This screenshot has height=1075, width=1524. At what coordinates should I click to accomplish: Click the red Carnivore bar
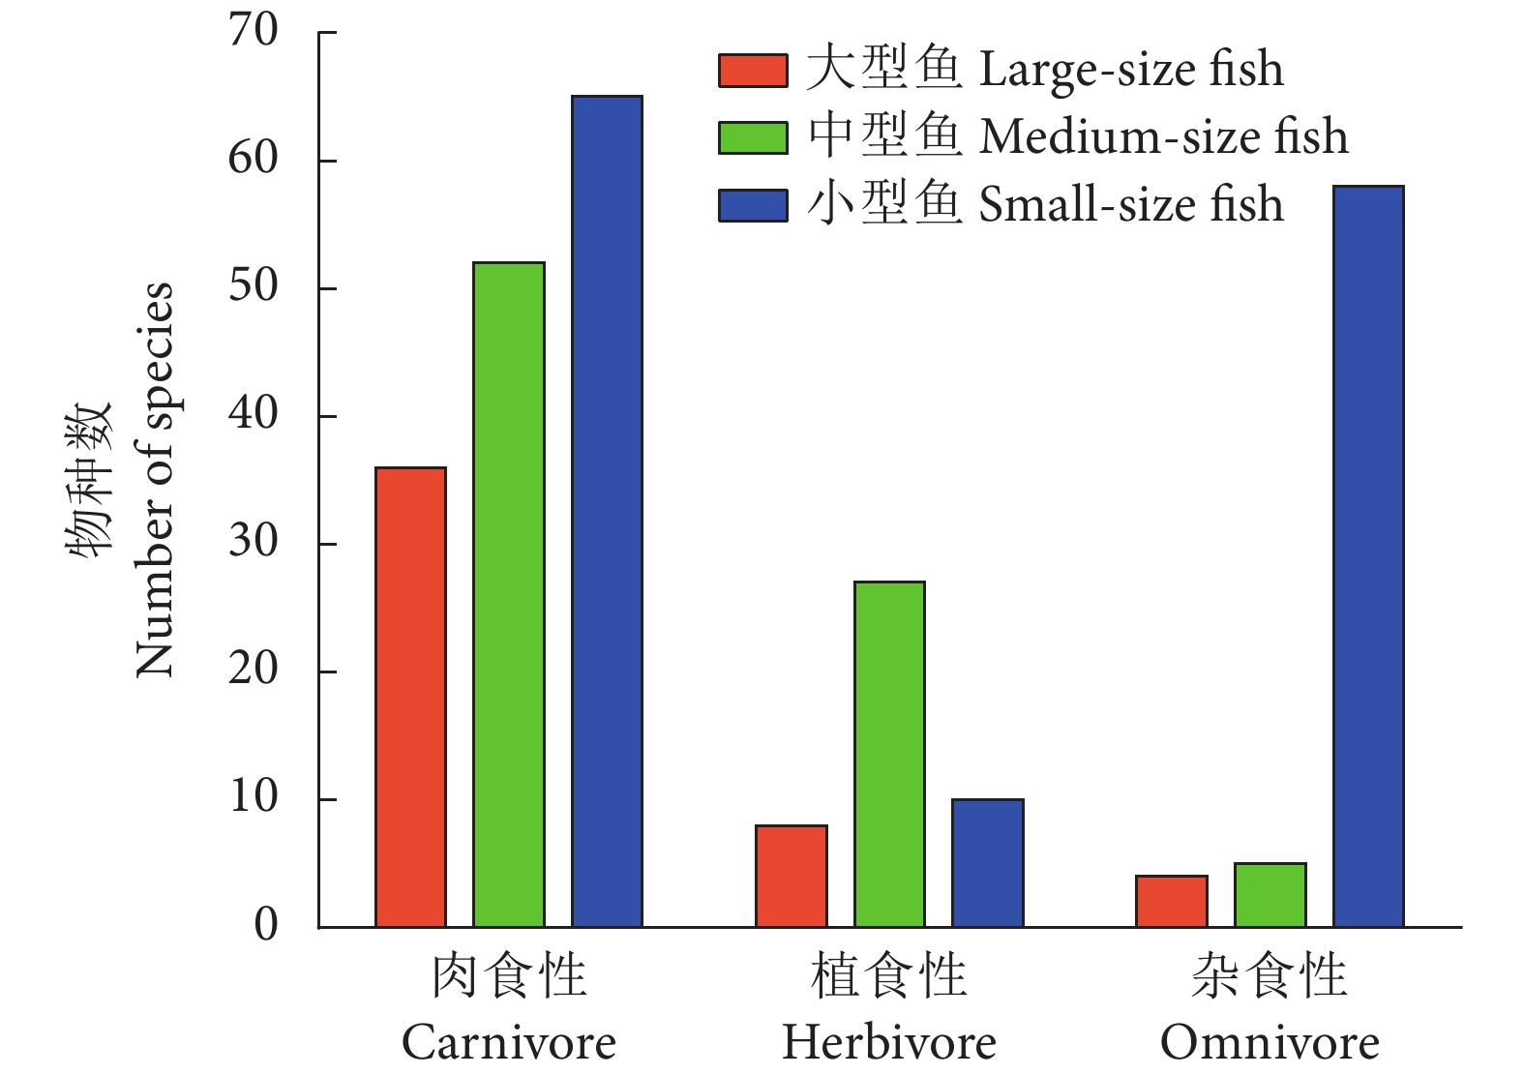pyautogui.click(x=410, y=697)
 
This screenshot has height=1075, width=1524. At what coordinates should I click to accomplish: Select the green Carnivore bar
pyautogui.click(x=509, y=594)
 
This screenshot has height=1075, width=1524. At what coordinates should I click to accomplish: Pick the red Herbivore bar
pyautogui.click(x=791, y=876)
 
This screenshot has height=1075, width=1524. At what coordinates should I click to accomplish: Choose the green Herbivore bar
pyautogui.click(x=889, y=754)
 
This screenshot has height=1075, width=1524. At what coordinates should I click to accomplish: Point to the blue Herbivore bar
pyautogui.click(x=987, y=862)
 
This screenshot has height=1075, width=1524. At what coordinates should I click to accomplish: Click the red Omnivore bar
pyautogui.click(x=1171, y=901)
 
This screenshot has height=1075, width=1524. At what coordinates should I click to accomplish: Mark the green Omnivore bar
pyautogui.click(x=1270, y=895)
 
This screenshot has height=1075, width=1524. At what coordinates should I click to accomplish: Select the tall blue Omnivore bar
pyautogui.click(x=1368, y=556)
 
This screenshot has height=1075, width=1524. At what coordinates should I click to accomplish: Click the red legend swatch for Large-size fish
pyautogui.click(x=752, y=71)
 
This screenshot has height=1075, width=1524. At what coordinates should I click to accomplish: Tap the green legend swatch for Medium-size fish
pyautogui.click(x=752, y=137)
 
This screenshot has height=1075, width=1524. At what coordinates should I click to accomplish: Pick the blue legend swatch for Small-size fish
pyautogui.click(x=752, y=205)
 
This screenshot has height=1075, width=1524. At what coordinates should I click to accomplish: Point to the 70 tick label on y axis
pyautogui.click(x=254, y=31)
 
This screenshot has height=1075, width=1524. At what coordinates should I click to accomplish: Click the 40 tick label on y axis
pyautogui.click(x=254, y=414)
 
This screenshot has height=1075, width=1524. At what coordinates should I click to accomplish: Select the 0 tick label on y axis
pyautogui.click(x=266, y=925)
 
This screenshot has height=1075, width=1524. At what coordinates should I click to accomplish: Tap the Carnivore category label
pyautogui.click(x=509, y=1043)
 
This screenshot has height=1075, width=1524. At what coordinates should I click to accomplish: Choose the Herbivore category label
pyautogui.click(x=889, y=1043)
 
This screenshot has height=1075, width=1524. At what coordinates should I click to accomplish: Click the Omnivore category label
pyautogui.click(x=1270, y=1043)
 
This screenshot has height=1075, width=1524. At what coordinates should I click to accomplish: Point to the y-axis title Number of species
pyautogui.click(x=155, y=479)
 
